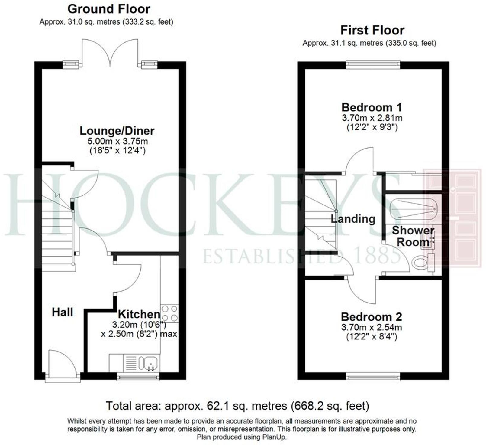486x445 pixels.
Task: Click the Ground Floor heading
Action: pos(109,9)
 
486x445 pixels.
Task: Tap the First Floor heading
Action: pos(372,30)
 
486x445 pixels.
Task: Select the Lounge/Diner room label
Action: pos(117,131)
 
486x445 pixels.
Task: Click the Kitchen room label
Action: pos(139,314)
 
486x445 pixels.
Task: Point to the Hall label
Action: pos(63,312)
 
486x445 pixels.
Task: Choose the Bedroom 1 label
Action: pos(372,107)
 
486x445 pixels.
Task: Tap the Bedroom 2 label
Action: pos(372,317)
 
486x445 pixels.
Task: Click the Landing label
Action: pos(353,219)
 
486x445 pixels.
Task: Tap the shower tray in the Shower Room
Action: pos(413,209)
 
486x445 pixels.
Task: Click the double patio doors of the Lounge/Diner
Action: pos(110,53)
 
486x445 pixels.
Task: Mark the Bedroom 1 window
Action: pos(373,64)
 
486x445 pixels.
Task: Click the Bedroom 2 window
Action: pos(373,377)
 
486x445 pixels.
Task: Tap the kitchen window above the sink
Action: pos(138,377)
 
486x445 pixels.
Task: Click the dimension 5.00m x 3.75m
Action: pos(117,141)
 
